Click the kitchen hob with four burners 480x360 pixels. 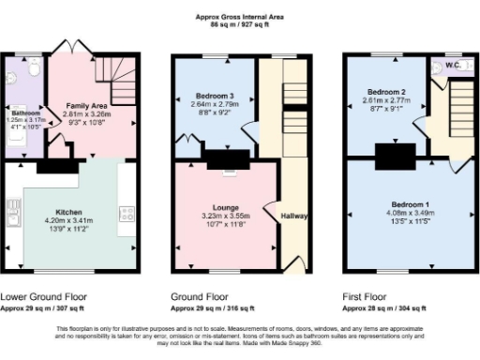(126, 213)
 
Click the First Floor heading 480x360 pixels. (368, 295)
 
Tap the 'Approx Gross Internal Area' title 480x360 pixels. (240, 16)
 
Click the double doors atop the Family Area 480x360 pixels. (71, 47)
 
